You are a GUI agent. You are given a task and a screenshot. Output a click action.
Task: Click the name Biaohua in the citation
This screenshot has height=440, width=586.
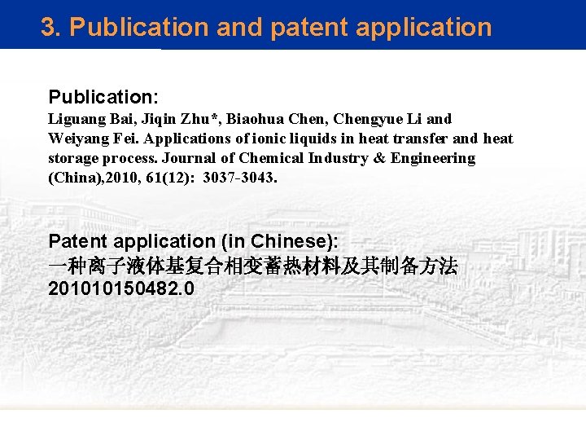click(x=260, y=119)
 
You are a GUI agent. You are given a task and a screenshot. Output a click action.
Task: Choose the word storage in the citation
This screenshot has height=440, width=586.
click(x=75, y=158)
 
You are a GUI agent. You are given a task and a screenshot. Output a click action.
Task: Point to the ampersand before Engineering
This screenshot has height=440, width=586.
click(x=379, y=158)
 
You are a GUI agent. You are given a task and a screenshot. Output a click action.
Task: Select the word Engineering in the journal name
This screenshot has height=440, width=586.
click(x=433, y=158)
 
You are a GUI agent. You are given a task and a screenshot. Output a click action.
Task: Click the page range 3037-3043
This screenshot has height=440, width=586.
click(x=240, y=178)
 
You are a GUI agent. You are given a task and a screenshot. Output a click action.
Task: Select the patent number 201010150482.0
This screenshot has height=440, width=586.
click(x=121, y=288)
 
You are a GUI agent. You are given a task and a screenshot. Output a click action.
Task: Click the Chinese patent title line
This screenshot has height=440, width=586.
click(x=252, y=265)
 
